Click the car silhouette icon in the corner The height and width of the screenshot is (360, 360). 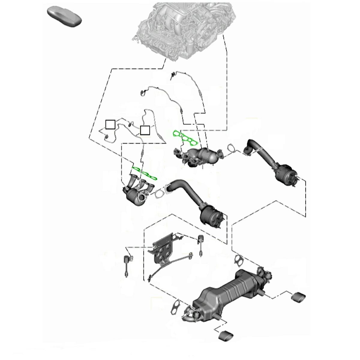pyautogui.click(x=64, y=16)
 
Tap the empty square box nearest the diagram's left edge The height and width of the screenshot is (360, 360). pyautogui.click(x=110, y=124)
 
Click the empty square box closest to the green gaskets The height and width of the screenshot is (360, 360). pyautogui.click(x=145, y=130)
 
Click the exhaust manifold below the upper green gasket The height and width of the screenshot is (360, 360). pyautogui.click(x=198, y=156)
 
